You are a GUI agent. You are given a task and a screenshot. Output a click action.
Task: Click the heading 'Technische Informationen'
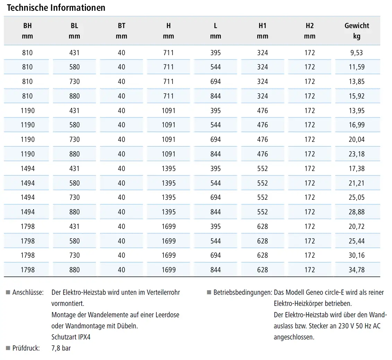pos(56,8)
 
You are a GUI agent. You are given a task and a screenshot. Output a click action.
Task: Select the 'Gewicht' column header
pos(357,26)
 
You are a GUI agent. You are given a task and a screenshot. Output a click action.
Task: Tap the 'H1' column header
pos(262,26)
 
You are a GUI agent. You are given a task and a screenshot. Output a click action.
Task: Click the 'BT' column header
pos(122,26)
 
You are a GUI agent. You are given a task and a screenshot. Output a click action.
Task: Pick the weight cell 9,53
pos(357,53)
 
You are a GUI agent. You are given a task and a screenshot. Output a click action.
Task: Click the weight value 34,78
pos(357,270)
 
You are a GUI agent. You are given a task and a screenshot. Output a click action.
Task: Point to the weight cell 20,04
pos(357,140)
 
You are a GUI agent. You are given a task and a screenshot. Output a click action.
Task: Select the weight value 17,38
pos(357,169)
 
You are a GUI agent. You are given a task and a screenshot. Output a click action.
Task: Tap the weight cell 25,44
pos(357,241)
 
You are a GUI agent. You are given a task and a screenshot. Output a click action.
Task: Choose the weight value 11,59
pos(357,67)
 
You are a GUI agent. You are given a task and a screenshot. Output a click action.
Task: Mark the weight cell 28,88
pos(357,212)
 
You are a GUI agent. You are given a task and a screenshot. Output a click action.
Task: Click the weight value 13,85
pos(357,82)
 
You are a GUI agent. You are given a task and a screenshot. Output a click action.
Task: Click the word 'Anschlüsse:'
pos(28,292)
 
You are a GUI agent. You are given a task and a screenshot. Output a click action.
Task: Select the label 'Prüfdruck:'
pos(26,348)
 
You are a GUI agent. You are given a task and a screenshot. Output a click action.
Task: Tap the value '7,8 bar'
pos(61,348)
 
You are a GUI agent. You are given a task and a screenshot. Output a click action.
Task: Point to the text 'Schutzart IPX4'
pos(71,337)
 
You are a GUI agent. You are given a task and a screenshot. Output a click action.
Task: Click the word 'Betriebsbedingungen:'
pos(243,292)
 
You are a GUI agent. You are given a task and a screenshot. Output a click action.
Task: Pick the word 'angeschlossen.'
pos(294,337)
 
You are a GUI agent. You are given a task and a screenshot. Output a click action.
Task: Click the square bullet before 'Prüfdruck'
pos(8,348)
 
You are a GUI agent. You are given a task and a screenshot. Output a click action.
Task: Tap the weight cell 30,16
pos(357,255)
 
